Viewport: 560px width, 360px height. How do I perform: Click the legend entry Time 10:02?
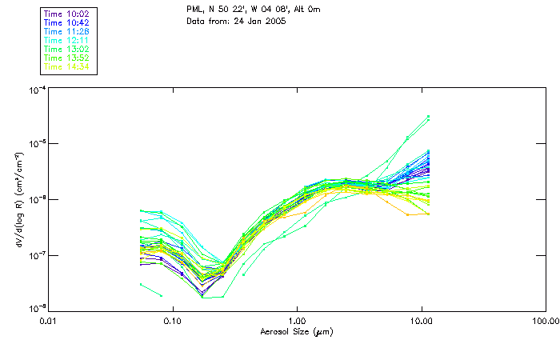click(67, 14)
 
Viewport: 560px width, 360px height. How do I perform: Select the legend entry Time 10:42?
click(67, 22)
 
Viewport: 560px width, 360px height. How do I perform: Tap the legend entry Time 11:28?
click(67, 31)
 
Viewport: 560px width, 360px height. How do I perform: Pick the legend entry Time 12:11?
click(67, 40)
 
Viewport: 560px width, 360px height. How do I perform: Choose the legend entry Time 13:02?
click(67, 49)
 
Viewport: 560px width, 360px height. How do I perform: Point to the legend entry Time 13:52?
click(67, 58)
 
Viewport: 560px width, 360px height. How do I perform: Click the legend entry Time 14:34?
click(67, 66)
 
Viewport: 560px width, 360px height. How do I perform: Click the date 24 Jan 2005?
click(261, 21)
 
